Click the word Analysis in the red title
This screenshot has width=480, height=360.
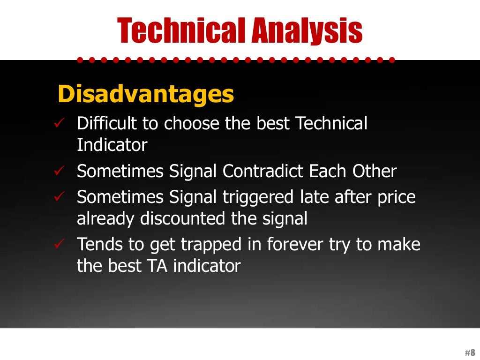307,30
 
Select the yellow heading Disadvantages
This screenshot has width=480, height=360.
145,94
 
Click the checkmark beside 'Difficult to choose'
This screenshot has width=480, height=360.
59,123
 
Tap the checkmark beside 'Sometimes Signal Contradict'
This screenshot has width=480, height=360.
59,172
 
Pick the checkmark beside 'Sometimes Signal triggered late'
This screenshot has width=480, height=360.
59,197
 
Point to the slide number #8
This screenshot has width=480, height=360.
470,352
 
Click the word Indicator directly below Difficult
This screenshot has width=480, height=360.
112,145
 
